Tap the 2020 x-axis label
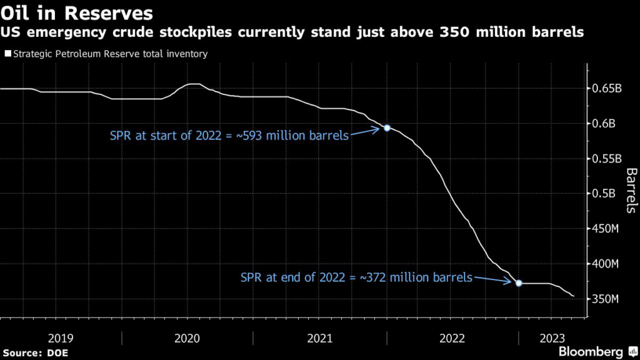[187, 338]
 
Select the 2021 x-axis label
[320, 338]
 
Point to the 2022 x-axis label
[452, 338]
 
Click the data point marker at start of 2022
[387, 127]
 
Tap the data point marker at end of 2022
[519, 283]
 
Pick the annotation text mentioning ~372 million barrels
[356, 277]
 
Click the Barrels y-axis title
[631, 190]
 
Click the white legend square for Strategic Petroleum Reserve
[7, 54]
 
